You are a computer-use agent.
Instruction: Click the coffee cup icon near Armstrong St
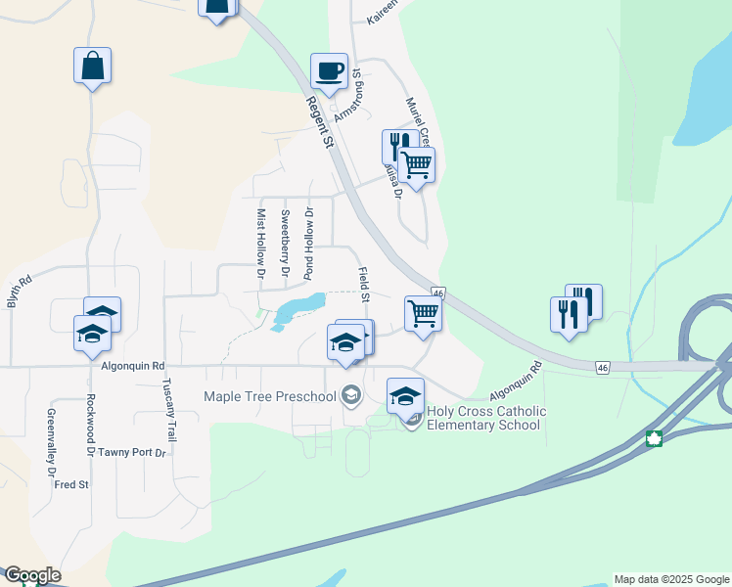click(x=329, y=71)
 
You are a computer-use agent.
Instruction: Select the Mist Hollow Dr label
click(x=261, y=244)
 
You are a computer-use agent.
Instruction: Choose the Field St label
click(x=364, y=285)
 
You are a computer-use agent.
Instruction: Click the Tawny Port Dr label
click(x=132, y=452)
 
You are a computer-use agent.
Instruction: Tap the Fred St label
click(x=71, y=484)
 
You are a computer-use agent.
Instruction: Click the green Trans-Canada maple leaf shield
click(x=654, y=438)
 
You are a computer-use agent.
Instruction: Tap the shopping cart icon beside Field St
click(x=423, y=314)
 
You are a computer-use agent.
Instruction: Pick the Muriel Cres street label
click(x=416, y=119)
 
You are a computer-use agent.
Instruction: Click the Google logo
click(x=31, y=575)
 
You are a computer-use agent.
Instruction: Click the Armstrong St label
click(x=349, y=95)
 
